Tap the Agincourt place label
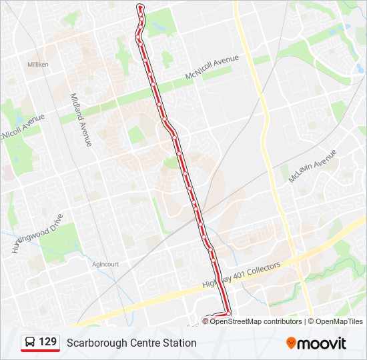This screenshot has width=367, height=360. point(105,264)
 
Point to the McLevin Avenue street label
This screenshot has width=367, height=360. point(313,167)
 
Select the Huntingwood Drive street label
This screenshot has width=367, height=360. point(37,233)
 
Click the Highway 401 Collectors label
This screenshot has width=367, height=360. point(242,275)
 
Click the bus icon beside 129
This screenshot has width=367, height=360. point(30,343)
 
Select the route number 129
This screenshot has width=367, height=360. point(47,342)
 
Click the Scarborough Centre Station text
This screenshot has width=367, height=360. point(131,343)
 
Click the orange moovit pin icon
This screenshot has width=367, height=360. point(292,343)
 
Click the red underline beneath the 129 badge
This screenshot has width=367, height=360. point(40,350)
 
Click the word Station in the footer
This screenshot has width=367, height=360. point(178,343)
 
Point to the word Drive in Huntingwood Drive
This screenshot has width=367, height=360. point(54,221)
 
